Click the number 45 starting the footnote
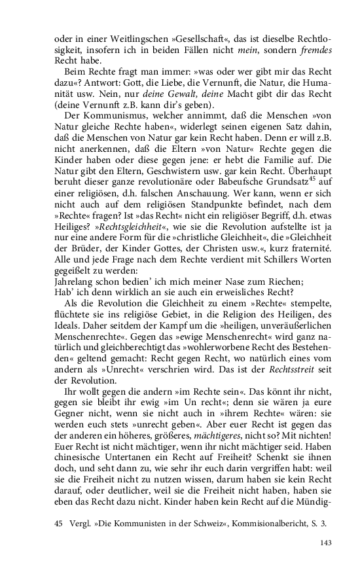[59, 524]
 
